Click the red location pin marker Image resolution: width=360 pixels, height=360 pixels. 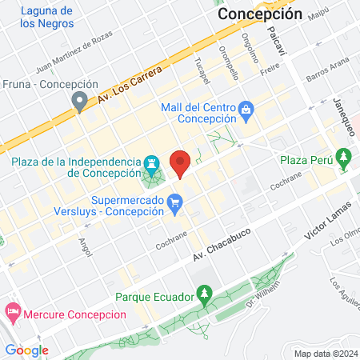point(181,163)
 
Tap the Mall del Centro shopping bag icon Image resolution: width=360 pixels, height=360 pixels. point(246,108)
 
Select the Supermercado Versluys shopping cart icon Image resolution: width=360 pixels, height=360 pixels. point(174,206)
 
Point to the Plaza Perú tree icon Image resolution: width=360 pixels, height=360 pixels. point(344,155)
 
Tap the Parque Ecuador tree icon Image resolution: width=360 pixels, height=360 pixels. point(205,298)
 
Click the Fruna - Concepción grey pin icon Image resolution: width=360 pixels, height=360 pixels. point(78,101)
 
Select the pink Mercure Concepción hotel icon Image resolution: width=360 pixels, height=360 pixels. point(12,310)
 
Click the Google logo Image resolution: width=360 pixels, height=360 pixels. point(26,350)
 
